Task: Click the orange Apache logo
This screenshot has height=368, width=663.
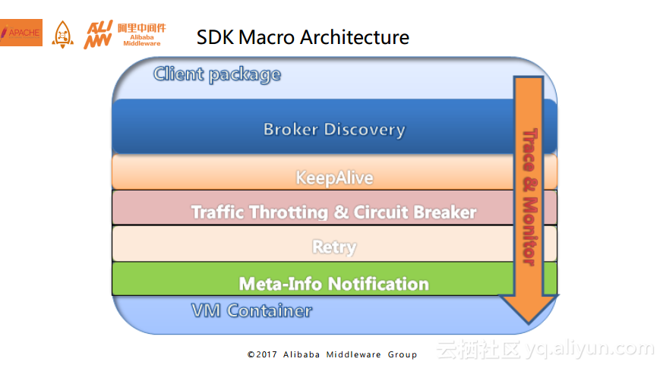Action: (21, 33)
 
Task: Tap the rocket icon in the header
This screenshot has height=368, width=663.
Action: (62, 34)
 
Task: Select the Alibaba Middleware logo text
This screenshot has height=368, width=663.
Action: (142, 34)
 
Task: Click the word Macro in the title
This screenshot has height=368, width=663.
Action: (267, 37)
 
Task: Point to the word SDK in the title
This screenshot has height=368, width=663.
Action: (215, 37)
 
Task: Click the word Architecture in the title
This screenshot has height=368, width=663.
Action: (355, 37)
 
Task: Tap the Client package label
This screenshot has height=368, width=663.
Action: (217, 75)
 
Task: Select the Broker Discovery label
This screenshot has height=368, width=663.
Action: (334, 129)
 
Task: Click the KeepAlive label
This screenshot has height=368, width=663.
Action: (334, 178)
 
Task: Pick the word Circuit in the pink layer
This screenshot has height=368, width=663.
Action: (383, 212)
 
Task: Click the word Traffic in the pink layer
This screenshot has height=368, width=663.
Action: (217, 212)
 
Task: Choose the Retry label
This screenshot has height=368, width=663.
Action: (334, 247)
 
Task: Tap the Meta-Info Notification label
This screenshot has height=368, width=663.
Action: (334, 284)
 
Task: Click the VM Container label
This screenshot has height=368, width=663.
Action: (251, 311)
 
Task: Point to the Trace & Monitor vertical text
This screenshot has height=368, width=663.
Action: (530, 197)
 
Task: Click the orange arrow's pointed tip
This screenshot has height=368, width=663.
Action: (529, 324)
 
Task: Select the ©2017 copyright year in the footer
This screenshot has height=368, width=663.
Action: (262, 354)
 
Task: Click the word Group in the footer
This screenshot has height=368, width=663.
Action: (403, 354)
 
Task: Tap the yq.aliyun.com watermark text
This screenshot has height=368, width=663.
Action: (590, 349)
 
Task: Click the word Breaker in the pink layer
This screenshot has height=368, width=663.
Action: (446, 212)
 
